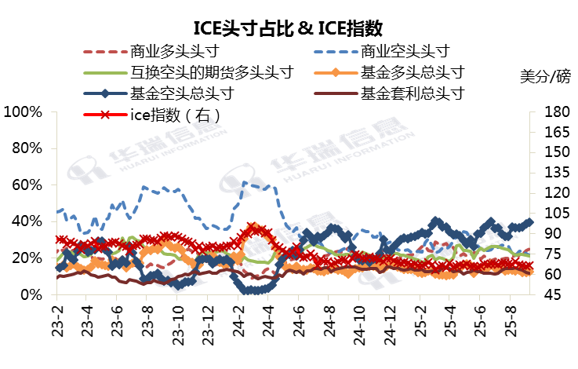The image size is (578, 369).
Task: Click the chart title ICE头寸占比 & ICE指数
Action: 289,29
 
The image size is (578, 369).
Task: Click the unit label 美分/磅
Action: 545,76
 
